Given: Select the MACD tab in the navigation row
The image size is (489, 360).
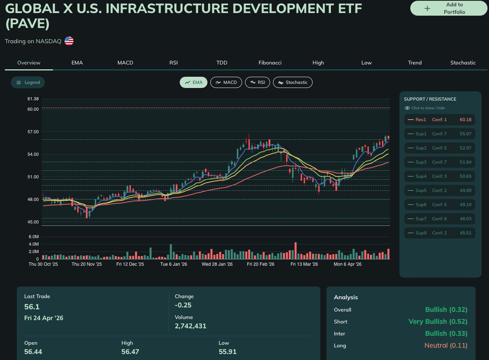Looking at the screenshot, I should (x=125, y=63).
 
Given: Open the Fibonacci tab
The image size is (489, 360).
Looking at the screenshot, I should (x=270, y=63).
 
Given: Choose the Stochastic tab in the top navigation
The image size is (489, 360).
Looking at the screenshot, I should (x=463, y=63).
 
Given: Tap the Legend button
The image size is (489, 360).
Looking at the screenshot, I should (x=28, y=82).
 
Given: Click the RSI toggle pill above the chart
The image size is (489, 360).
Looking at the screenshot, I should (x=257, y=82).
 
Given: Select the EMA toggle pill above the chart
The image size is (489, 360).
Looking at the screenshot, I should (x=194, y=82).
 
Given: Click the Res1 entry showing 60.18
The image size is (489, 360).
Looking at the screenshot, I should (x=439, y=120).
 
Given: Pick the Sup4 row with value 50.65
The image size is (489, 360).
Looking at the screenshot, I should (x=439, y=176).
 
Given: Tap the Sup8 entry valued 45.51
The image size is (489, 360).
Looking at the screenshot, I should (x=439, y=233).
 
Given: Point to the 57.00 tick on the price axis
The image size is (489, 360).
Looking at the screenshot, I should (x=33, y=132).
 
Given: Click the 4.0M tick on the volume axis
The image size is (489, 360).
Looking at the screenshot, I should (x=33, y=244).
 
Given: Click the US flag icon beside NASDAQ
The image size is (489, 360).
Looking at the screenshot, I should (x=69, y=41).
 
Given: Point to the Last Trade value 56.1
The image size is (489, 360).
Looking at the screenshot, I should (x=32, y=307).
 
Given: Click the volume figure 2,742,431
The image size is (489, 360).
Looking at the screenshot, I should (x=190, y=326).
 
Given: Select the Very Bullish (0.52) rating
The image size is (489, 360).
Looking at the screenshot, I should (x=438, y=321).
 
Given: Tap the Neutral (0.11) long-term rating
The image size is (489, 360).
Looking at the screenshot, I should (x=445, y=345).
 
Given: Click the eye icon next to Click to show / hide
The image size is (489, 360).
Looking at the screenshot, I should (x=407, y=108).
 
